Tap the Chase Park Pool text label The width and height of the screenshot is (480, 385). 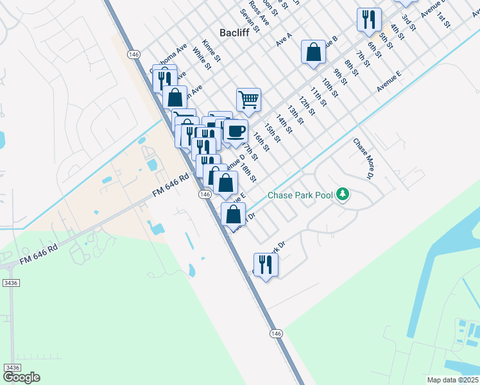pyautogui.click(x=300, y=194)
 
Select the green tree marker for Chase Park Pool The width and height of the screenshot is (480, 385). pyautogui.click(x=343, y=194)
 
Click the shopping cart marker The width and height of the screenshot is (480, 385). pyautogui.click(x=248, y=100)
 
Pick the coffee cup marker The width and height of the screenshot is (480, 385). pyautogui.click(x=236, y=132)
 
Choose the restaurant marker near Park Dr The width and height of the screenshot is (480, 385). pyautogui.click(x=265, y=264)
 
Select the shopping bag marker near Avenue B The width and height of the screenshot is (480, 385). pyautogui.click(x=313, y=53)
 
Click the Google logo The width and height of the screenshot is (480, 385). pyautogui.click(x=21, y=377)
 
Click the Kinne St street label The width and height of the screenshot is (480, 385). pyautogui.click(x=211, y=51)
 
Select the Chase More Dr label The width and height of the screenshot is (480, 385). pyautogui.click(x=363, y=158)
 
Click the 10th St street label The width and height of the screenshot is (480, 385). pyautogui.click(x=329, y=89)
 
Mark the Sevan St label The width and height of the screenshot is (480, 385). pyautogui.click(x=250, y=21)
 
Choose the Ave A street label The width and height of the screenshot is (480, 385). pyautogui.click(x=284, y=40)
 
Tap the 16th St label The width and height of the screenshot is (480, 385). pyautogui.click(x=260, y=142)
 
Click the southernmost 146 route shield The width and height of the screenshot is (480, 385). pyautogui.click(x=275, y=333)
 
